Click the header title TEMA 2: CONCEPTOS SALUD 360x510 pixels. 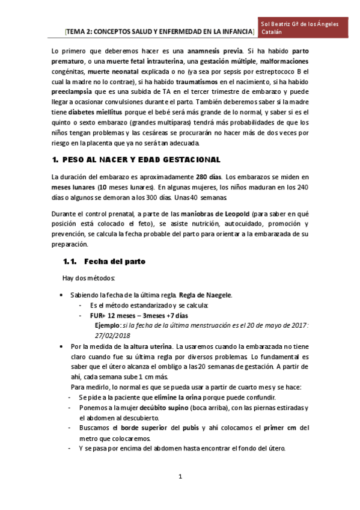click(x=160, y=31)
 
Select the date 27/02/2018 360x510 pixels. click(x=113, y=336)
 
